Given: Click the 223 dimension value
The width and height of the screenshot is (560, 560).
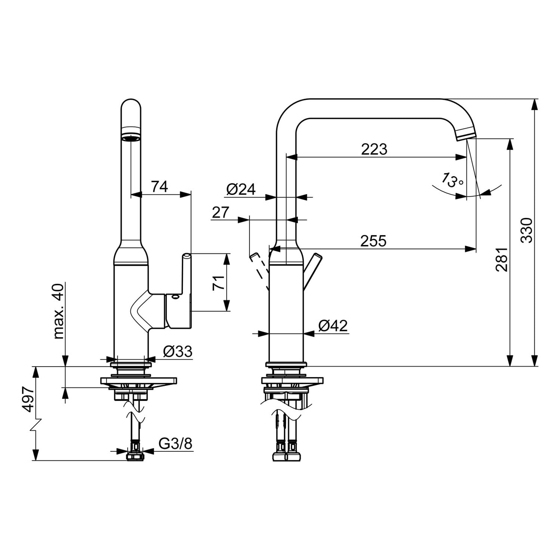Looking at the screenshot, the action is [374, 149].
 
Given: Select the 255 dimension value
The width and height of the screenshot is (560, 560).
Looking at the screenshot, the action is [373, 241].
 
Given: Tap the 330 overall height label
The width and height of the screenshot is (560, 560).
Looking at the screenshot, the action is [527, 230].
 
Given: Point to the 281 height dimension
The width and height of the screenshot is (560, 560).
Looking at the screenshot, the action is [502, 259].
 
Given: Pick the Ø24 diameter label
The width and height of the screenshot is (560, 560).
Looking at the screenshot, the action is [241, 190].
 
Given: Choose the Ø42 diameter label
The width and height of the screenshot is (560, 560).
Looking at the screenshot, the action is [333, 326].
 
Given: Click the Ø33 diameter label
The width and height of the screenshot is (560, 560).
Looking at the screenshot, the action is [178, 351].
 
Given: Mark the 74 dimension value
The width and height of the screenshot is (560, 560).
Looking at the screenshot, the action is [159, 186].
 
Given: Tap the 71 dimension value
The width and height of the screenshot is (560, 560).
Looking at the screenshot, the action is [219, 283].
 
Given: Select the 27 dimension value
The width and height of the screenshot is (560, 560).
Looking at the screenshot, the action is [221, 212].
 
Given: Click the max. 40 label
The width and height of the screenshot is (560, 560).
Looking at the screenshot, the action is [59, 311].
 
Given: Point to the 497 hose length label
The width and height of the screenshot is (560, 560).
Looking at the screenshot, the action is [29, 399].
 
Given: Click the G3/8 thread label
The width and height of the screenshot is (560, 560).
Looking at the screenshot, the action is [175, 444].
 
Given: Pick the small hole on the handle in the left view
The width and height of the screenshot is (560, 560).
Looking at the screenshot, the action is [174, 298].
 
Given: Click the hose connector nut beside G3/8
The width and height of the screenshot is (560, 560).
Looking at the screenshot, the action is [135, 456].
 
